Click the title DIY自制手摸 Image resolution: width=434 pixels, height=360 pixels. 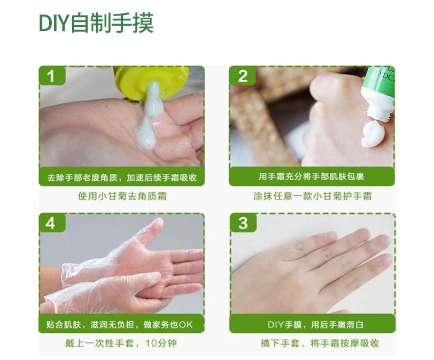(96, 23)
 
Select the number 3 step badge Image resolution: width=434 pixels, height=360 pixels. (243, 223)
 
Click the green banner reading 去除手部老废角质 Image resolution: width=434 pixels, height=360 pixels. (122, 177)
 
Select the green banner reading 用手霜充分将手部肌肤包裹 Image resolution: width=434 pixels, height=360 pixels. (311, 177)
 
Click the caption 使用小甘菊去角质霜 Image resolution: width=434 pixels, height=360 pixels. (122, 196)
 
